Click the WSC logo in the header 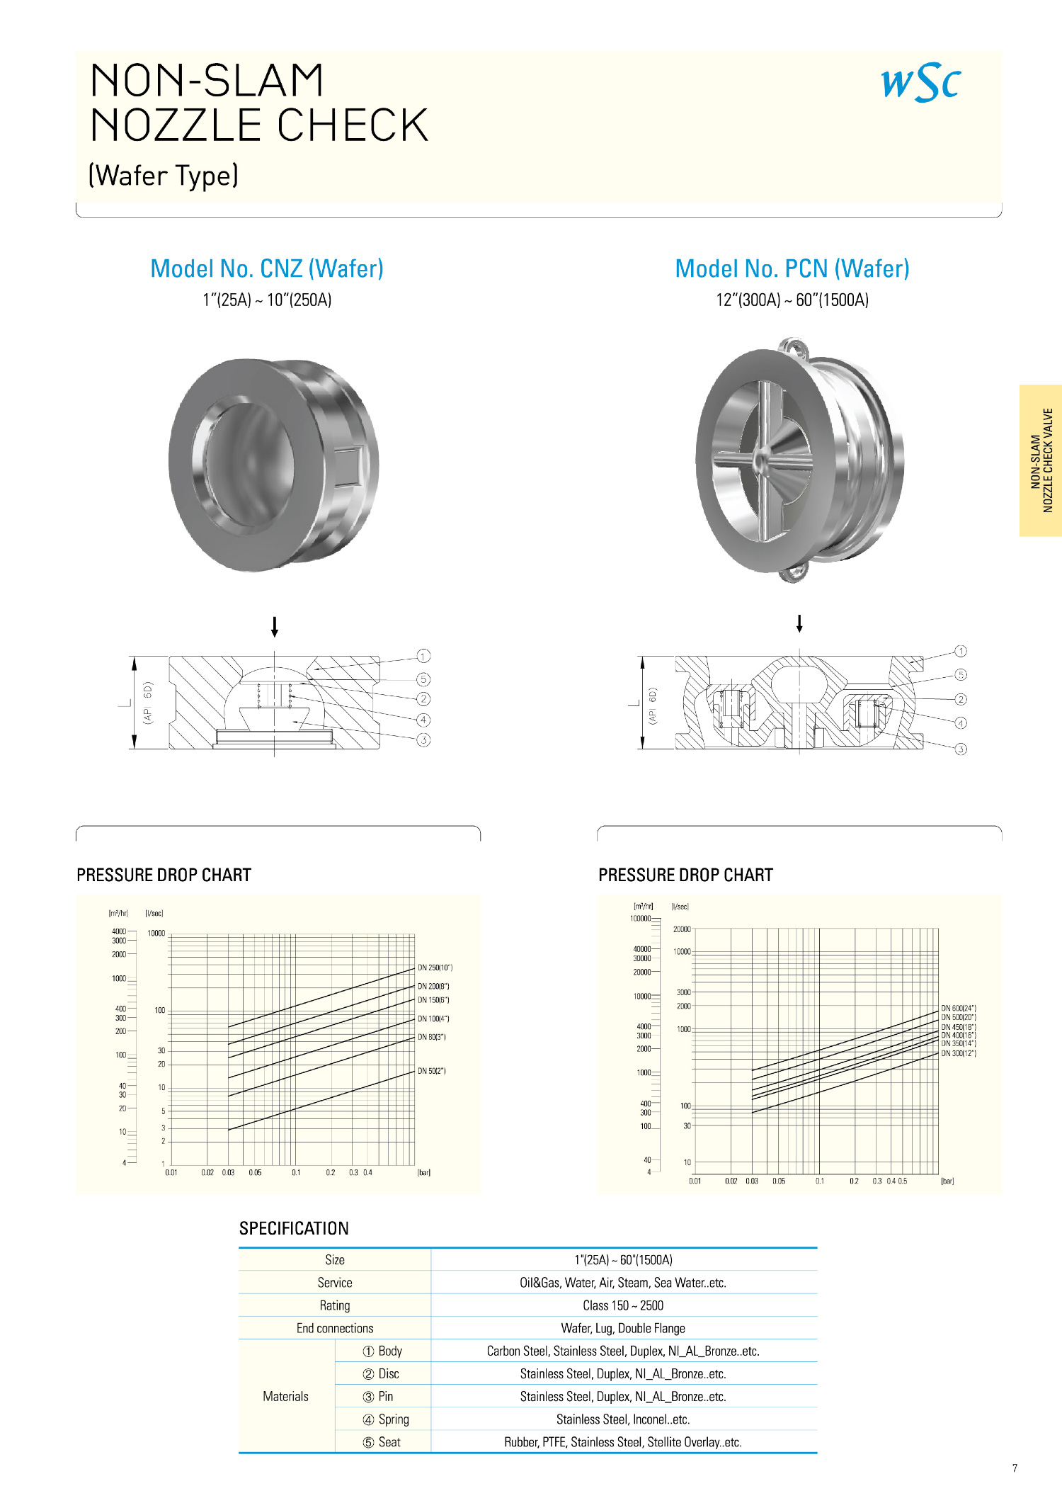(920, 82)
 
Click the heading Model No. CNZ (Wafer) (267, 269)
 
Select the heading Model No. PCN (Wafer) (792, 269)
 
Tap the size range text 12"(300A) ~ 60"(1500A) (792, 300)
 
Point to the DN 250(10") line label (435, 968)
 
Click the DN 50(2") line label (432, 1071)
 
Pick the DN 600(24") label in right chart (959, 1008)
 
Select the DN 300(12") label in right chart (959, 1053)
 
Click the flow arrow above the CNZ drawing (275, 627)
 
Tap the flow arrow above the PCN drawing (799, 623)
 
